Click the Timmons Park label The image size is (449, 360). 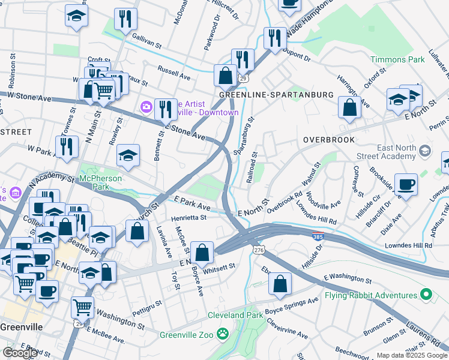(x=397, y=59)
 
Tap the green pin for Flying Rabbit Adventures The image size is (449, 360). (x=426, y=295)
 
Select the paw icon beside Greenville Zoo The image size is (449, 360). (x=223, y=332)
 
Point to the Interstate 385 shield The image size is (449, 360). (x=319, y=235)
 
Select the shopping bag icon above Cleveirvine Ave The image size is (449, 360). (x=280, y=284)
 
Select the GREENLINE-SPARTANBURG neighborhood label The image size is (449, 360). (x=276, y=95)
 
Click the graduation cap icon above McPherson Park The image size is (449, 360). (x=128, y=156)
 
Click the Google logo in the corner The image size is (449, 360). (x=20, y=353)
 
